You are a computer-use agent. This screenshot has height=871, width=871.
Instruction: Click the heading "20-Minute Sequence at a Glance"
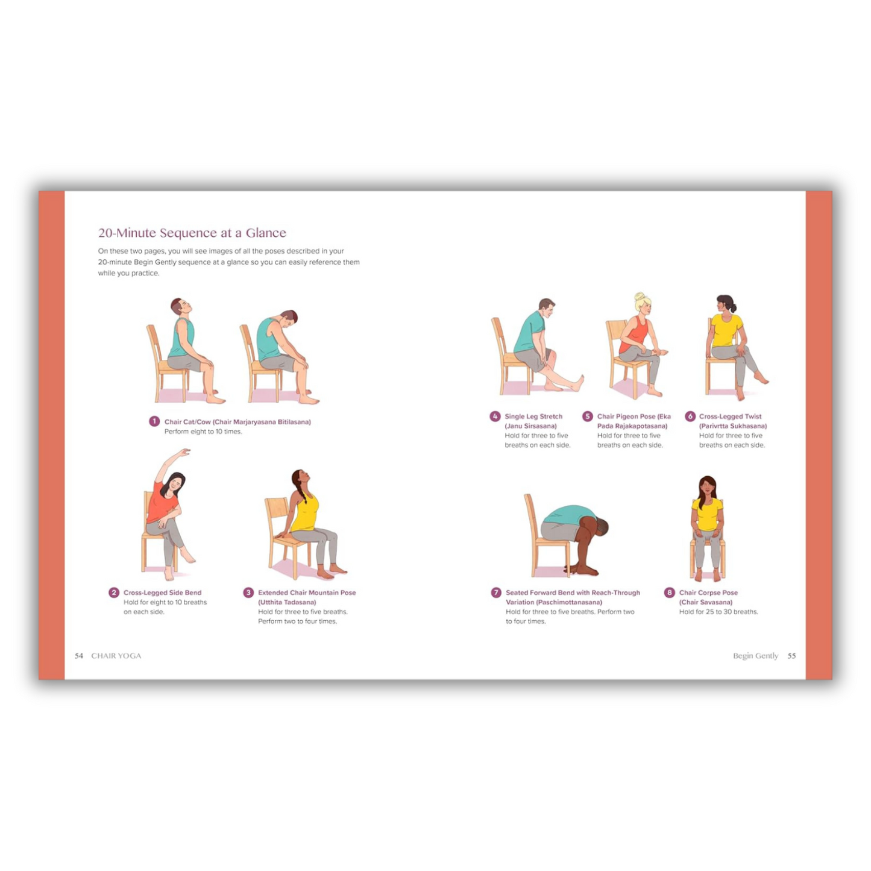pos(192,233)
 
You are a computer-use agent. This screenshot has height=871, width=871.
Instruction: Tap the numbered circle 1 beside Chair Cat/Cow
pos(154,421)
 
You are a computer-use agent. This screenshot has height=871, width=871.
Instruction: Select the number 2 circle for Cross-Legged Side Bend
pos(113,593)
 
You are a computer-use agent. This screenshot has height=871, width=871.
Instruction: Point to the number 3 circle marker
pos(248,593)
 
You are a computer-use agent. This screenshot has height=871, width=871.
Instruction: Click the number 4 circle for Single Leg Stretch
pos(495,416)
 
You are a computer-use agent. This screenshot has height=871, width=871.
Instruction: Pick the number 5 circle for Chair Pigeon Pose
pos(587,416)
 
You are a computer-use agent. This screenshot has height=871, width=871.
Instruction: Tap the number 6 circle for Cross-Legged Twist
pos(690,416)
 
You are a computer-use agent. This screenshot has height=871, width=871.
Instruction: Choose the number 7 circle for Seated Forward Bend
pos(496,593)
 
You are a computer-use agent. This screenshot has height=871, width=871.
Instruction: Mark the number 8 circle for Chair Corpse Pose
pos(669,593)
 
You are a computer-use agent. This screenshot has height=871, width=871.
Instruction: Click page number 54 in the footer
pos(79,656)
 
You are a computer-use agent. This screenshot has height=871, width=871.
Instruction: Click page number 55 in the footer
pos(791,656)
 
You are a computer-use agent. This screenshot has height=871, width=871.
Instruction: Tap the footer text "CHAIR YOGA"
pos(116,656)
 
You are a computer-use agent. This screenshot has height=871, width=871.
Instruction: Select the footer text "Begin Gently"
pos(755,656)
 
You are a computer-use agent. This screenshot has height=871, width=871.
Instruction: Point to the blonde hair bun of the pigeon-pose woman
pos(639,297)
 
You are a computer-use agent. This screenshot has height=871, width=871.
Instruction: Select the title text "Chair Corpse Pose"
pos(708,593)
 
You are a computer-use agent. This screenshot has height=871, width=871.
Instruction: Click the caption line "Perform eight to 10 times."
pos(203,432)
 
